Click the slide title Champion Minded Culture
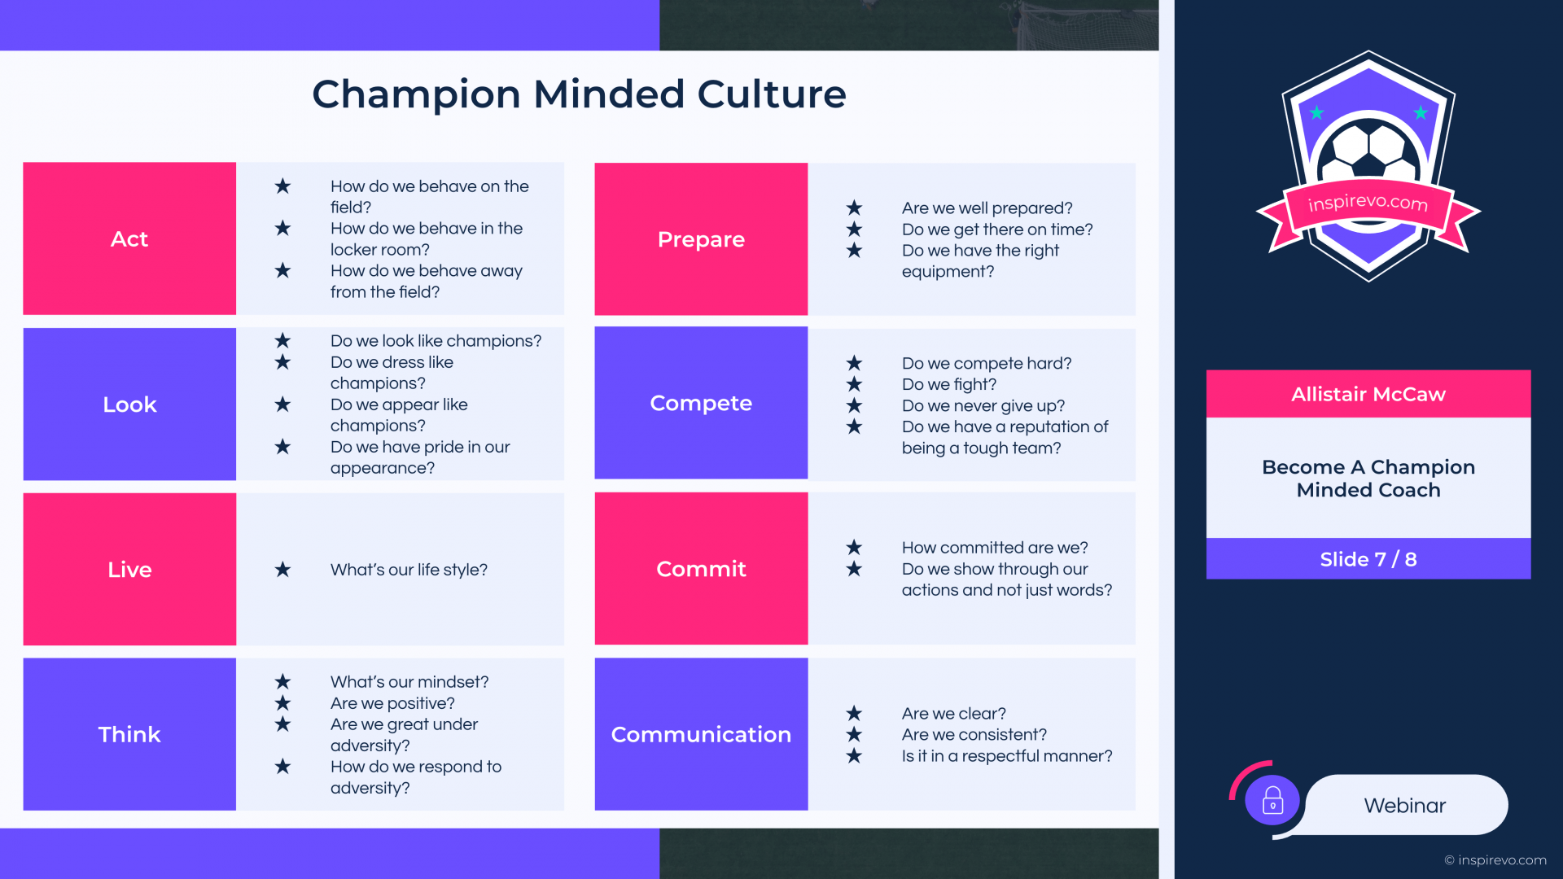[x=579, y=94]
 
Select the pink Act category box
[x=129, y=238]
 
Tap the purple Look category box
[x=129, y=404]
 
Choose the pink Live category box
[x=129, y=569]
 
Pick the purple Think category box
[x=129, y=734]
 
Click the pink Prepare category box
[x=701, y=238]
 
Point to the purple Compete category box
[x=701, y=403]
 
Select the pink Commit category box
[x=701, y=568]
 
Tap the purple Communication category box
[x=701, y=734]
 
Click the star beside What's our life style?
[x=282, y=569]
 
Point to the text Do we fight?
[x=949, y=384]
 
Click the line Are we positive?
[x=392, y=703]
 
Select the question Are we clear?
[x=954, y=714]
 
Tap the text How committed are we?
[x=995, y=548]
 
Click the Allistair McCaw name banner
[x=1368, y=394]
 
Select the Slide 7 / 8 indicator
[x=1368, y=559]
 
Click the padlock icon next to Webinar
[x=1272, y=800]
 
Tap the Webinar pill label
[x=1406, y=805]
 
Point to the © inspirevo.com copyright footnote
[x=1495, y=860]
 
